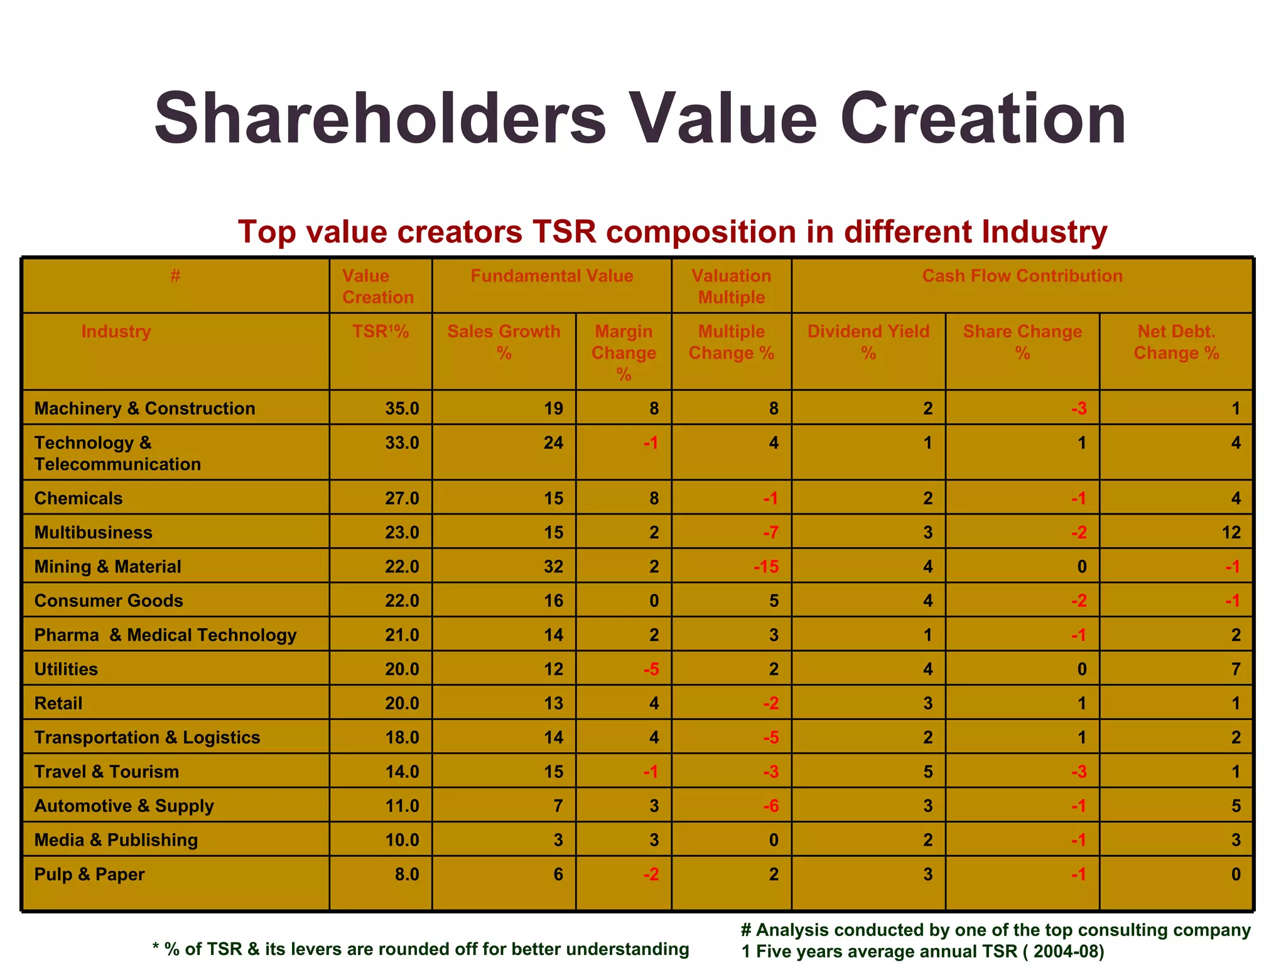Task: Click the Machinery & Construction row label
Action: [x=144, y=408]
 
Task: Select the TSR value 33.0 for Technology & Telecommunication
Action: [x=402, y=443]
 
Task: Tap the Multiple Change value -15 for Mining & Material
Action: [x=766, y=567]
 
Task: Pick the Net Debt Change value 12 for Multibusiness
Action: [x=1231, y=533]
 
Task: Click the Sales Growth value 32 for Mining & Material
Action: [x=553, y=567]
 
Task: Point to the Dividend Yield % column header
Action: [x=868, y=342]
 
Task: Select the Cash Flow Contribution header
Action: [x=1022, y=276]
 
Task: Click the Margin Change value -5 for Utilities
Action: [x=651, y=669]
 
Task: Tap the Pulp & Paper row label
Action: [x=89, y=875]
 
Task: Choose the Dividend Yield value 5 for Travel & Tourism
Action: [x=927, y=771]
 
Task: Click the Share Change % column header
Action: [x=1022, y=342]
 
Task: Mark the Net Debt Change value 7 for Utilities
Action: [x=1235, y=669]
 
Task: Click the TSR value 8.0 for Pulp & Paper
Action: [x=406, y=875]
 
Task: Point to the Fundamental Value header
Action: [x=551, y=276]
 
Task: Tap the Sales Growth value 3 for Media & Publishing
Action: [x=558, y=840]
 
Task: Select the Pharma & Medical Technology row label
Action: [x=165, y=635]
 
